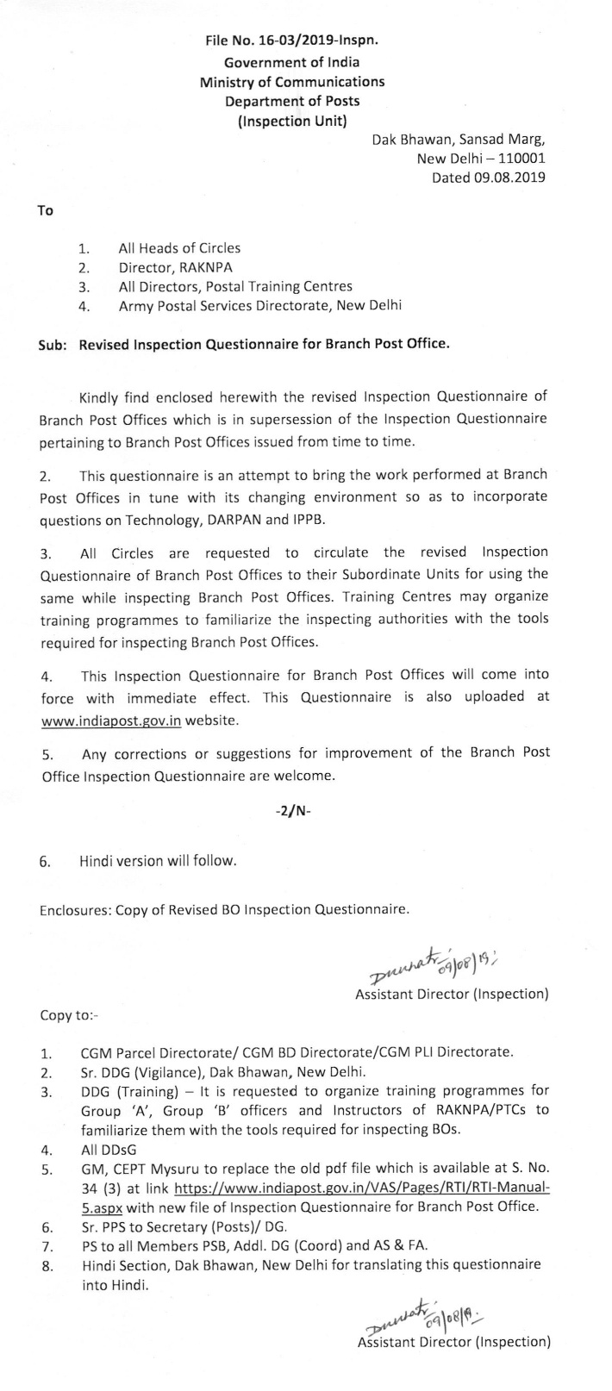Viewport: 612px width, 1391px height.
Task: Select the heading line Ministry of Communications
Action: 292,82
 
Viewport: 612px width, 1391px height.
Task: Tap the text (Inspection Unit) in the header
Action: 292,122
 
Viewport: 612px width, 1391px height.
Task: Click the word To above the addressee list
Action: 46,210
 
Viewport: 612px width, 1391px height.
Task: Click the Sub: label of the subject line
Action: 53,344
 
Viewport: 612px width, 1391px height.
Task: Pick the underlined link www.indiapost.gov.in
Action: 110,720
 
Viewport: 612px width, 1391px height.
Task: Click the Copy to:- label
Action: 69,1014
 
